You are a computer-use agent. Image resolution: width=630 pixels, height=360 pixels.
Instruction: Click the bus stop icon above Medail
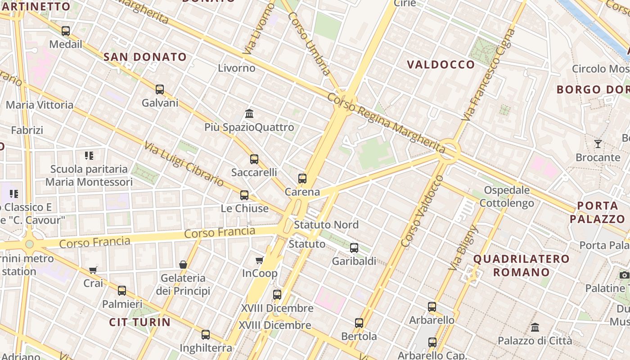(x=66, y=31)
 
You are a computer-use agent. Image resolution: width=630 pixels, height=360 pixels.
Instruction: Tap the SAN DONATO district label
(x=145, y=57)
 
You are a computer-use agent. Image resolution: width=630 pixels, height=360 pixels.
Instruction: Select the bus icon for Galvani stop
(x=160, y=89)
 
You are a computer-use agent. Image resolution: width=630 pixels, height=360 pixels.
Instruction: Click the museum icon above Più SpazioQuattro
(x=249, y=113)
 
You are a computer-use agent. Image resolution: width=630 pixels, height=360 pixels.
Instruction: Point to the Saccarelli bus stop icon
(x=254, y=159)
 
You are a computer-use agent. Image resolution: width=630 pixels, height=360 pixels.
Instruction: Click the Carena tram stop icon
(x=302, y=179)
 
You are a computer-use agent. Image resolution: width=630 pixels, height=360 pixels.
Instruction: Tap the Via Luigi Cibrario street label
(x=184, y=164)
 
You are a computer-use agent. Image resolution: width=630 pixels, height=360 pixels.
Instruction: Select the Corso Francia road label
(x=220, y=233)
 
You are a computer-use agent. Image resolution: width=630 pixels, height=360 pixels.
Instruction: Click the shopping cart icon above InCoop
(x=260, y=260)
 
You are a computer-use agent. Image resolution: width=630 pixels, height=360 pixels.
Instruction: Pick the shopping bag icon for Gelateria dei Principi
(x=183, y=265)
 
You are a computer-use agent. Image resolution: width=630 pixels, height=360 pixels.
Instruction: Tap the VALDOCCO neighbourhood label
(x=441, y=65)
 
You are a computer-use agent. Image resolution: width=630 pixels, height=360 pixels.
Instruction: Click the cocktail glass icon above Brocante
(x=598, y=144)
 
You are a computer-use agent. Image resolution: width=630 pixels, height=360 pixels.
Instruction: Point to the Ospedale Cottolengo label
(x=507, y=197)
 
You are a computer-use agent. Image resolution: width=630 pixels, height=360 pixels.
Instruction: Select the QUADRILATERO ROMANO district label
(x=522, y=265)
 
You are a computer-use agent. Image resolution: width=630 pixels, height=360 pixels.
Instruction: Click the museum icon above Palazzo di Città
(x=535, y=327)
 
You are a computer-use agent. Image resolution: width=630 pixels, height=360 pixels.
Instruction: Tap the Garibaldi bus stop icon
(x=354, y=247)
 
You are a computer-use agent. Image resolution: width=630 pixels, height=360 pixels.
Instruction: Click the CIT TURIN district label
(x=140, y=322)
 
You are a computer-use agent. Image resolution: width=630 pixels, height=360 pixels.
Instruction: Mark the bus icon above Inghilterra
(x=206, y=334)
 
